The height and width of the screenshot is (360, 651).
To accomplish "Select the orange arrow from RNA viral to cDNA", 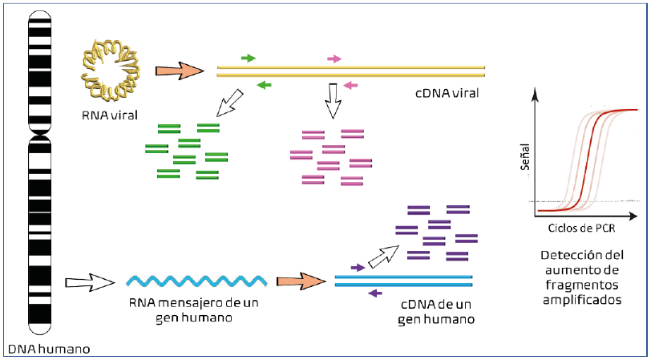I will coord(179,71).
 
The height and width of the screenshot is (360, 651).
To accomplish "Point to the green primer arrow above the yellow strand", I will coord(249,59).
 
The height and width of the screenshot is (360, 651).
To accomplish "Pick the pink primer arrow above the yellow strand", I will coord(334,59).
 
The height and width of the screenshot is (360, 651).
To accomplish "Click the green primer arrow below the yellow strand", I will coord(264,83).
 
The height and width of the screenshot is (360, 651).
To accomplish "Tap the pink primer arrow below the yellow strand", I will coord(348,83).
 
